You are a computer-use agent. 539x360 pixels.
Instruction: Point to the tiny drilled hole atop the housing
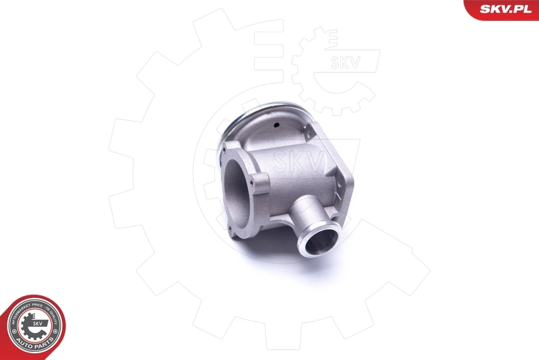click(277, 126)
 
